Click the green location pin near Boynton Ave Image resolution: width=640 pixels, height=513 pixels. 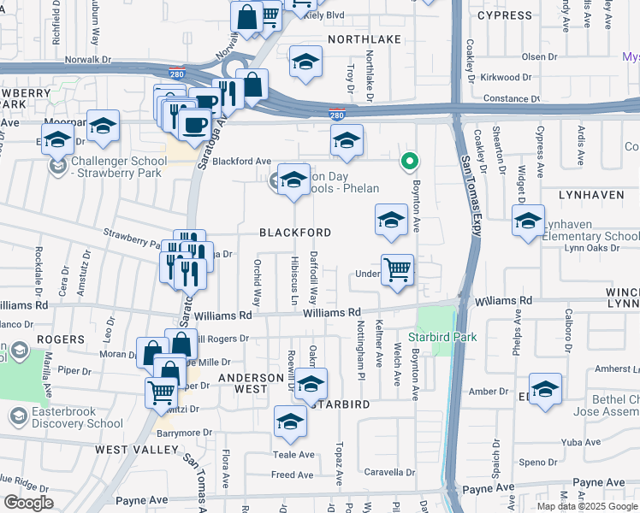(410, 160)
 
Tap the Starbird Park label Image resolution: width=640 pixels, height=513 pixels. (441, 337)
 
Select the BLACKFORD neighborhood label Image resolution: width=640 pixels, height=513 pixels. (295, 233)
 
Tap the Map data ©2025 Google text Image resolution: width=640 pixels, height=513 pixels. (588, 506)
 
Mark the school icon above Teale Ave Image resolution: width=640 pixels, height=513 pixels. (290, 421)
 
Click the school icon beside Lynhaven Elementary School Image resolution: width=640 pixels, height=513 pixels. (528, 221)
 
